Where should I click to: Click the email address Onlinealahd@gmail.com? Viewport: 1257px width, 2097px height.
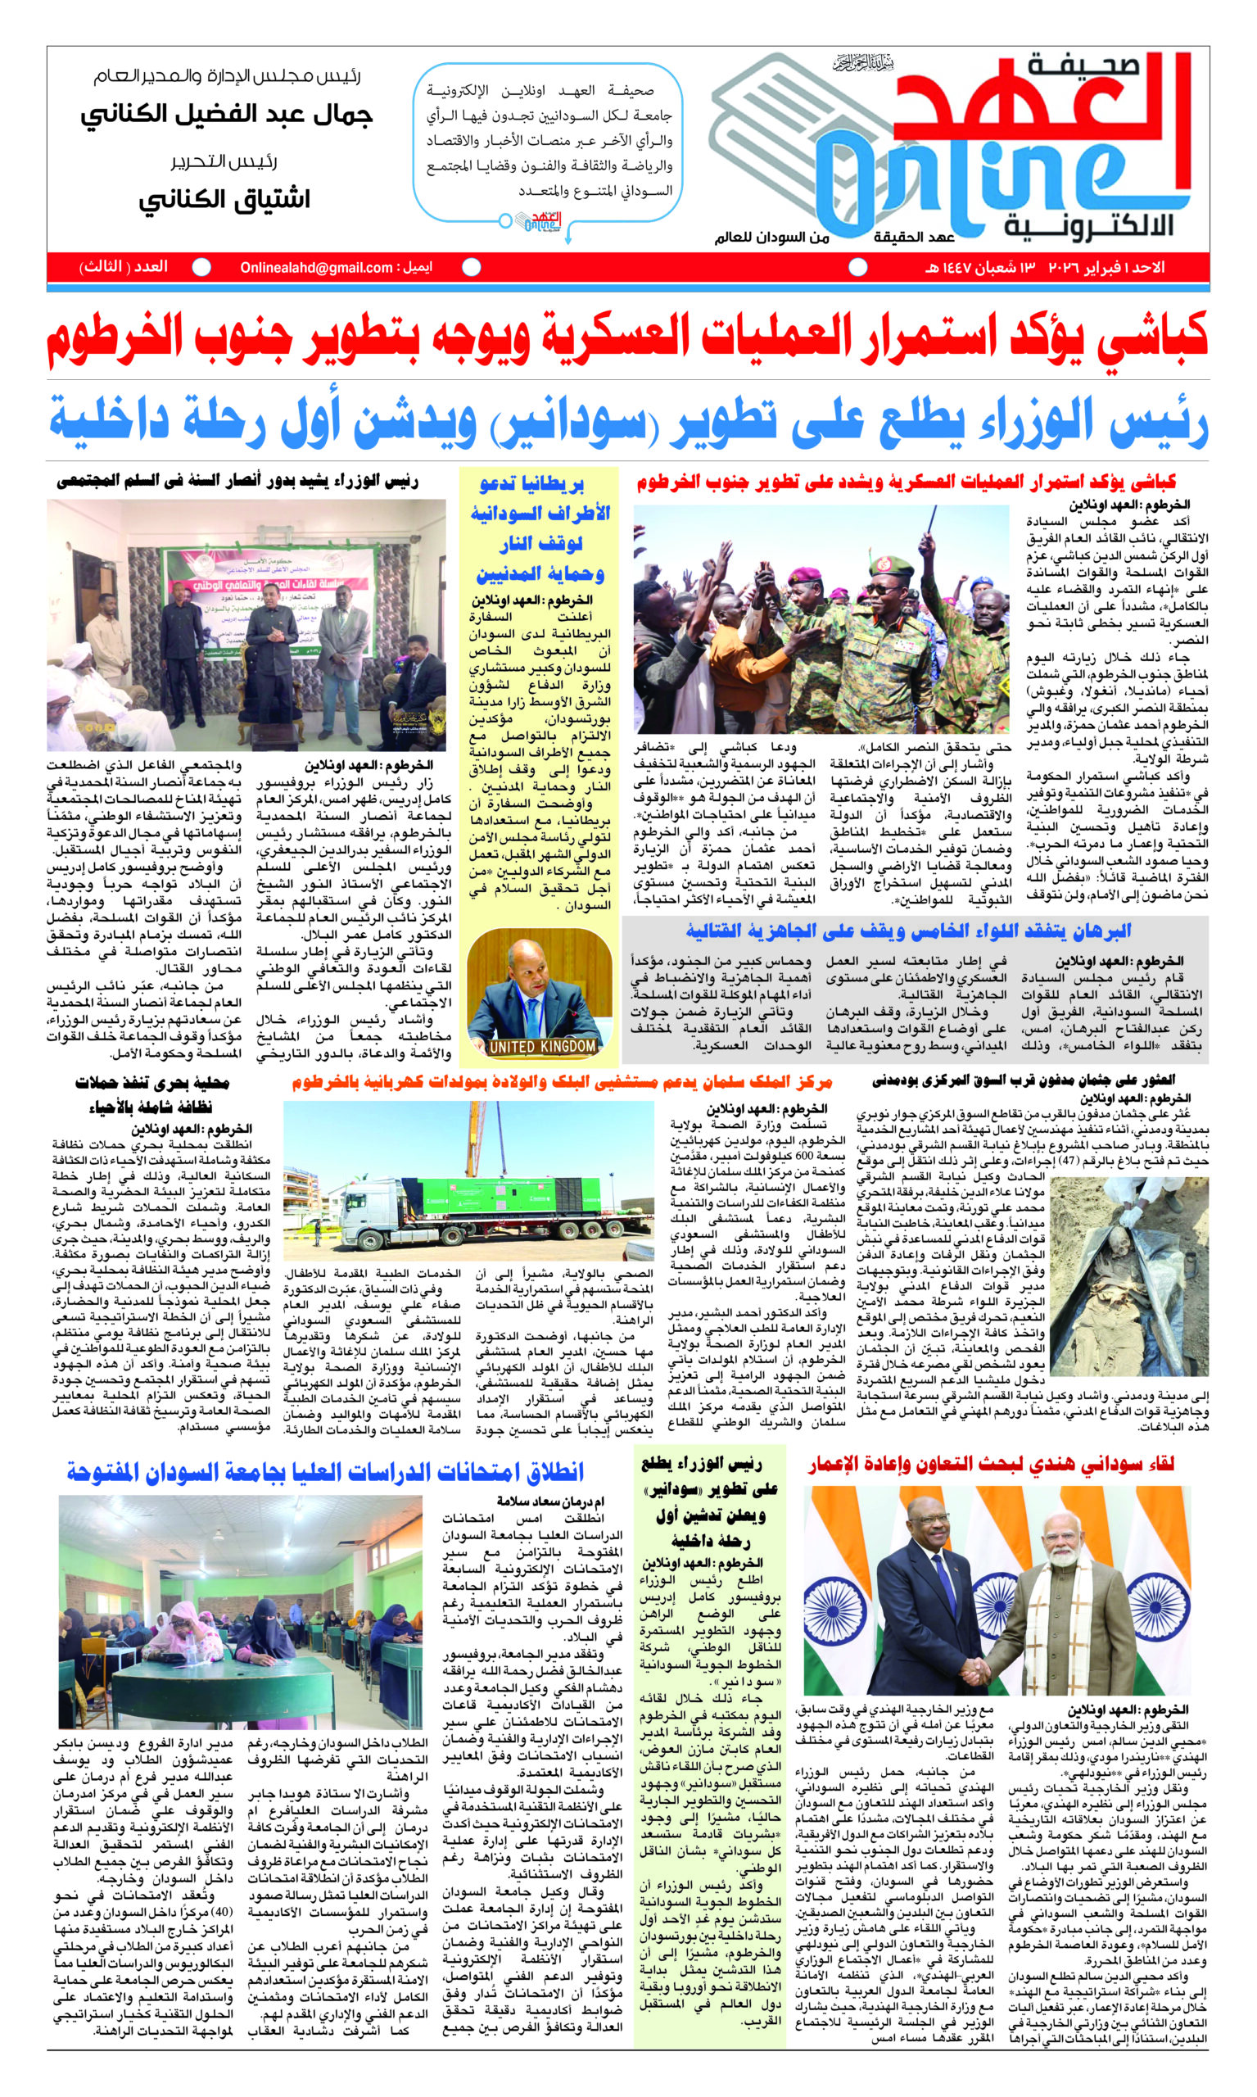316,268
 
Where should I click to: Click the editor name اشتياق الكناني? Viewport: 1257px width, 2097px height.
224,199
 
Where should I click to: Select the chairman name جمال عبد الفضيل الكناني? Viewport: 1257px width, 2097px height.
227,115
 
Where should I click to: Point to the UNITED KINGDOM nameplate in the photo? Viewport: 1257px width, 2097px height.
542,1046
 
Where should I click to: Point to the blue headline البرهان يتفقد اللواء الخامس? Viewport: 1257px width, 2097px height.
908,932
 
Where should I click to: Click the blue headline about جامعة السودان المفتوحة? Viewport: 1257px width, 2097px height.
326,1473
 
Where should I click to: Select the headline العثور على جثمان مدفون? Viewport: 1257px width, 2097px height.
1034,1081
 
